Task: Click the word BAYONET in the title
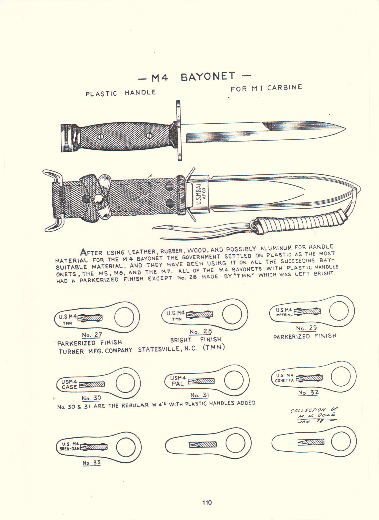[208, 77]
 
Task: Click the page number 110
[207, 503]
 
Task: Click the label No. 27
[92, 335]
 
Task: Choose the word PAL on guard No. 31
[178, 384]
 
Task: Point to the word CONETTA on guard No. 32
[284, 380]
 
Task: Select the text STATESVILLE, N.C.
[167, 349]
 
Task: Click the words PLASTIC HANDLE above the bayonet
[121, 93]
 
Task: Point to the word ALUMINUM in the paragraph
[276, 248]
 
